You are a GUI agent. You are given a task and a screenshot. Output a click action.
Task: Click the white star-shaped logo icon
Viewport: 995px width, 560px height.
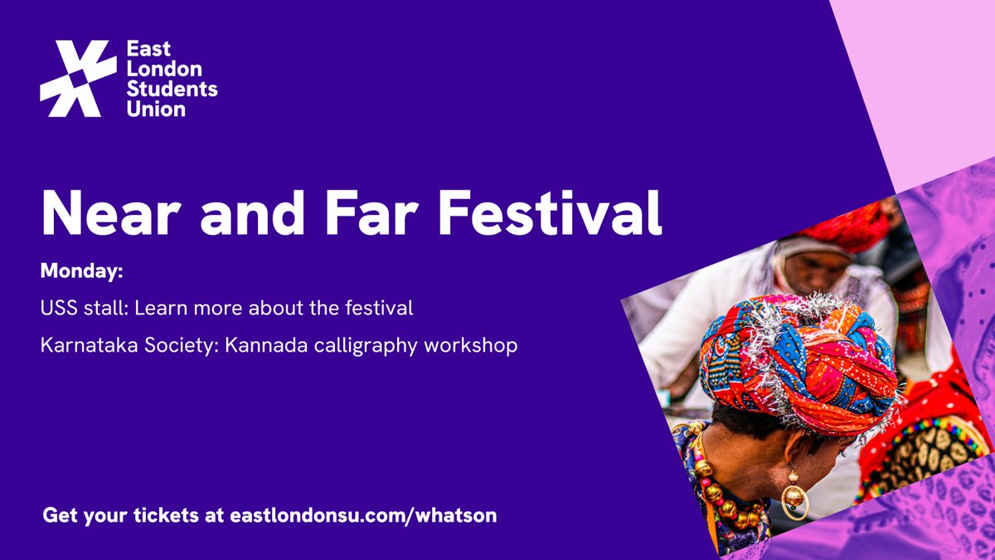[x=78, y=79]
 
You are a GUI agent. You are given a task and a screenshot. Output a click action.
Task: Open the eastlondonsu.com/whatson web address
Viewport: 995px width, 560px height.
[x=361, y=515]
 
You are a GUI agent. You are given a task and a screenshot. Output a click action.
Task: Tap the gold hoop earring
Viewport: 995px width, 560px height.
[x=794, y=497]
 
